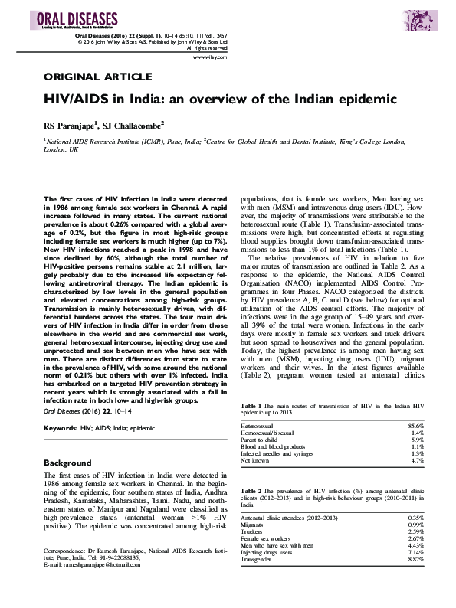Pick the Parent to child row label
tap(261, 440)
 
